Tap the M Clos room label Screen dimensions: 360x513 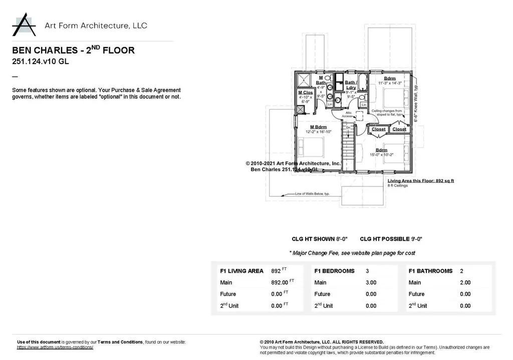click(x=306, y=93)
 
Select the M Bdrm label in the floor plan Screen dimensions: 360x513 click(x=319, y=127)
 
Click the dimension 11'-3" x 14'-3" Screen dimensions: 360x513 click(x=389, y=83)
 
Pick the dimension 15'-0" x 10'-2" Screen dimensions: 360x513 click(x=381, y=154)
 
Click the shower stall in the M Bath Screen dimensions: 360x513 click(x=305, y=80)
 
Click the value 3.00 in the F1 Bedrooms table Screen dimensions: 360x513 click(x=371, y=282)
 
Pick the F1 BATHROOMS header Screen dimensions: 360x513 click(x=430, y=271)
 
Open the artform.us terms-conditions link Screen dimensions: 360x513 click(x=55, y=347)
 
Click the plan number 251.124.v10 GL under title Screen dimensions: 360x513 click(x=40, y=62)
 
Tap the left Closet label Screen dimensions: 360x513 click(x=379, y=129)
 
